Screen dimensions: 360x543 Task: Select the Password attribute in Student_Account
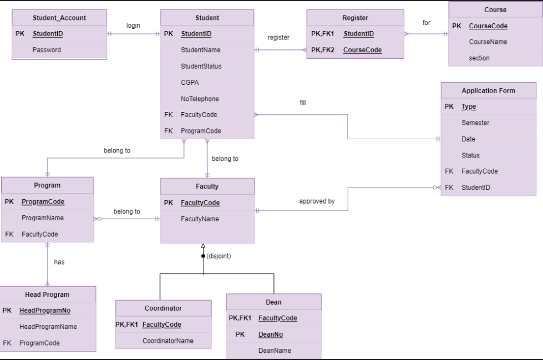[47, 50]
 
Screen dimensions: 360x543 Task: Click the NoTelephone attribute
[200, 99]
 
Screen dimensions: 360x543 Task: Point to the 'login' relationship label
[133, 26]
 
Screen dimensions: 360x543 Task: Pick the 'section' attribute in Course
[479, 58]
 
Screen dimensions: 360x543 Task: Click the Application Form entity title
[488, 90]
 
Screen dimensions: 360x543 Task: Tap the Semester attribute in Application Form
[475, 123]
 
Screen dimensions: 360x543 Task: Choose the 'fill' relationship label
[302, 103]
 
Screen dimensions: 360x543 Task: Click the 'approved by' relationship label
[317, 201]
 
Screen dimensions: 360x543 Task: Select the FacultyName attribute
[200, 219]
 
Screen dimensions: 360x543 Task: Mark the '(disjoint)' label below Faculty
[219, 256]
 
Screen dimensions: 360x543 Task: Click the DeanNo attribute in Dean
[271, 334]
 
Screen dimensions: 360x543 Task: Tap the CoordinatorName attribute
[168, 341]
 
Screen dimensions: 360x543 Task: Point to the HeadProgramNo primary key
[48, 311]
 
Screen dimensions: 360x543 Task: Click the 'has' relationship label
[59, 262]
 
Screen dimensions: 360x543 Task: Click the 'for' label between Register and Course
[426, 23]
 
